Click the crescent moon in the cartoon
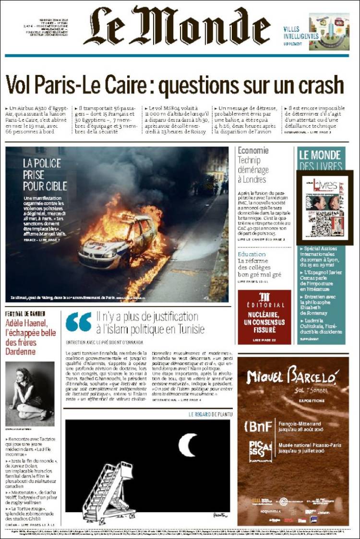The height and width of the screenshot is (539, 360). pyautogui.click(x=188, y=445)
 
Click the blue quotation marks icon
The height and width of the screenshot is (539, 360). pyautogui.click(x=79, y=322)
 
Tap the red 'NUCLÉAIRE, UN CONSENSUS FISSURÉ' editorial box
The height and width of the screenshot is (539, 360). pyautogui.click(x=264, y=317)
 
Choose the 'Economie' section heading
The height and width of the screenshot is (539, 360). pyautogui.click(x=253, y=150)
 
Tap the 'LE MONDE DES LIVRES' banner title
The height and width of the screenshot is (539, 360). pyautogui.click(x=320, y=160)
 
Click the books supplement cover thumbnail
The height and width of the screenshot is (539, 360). pyautogui.click(x=324, y=207)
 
